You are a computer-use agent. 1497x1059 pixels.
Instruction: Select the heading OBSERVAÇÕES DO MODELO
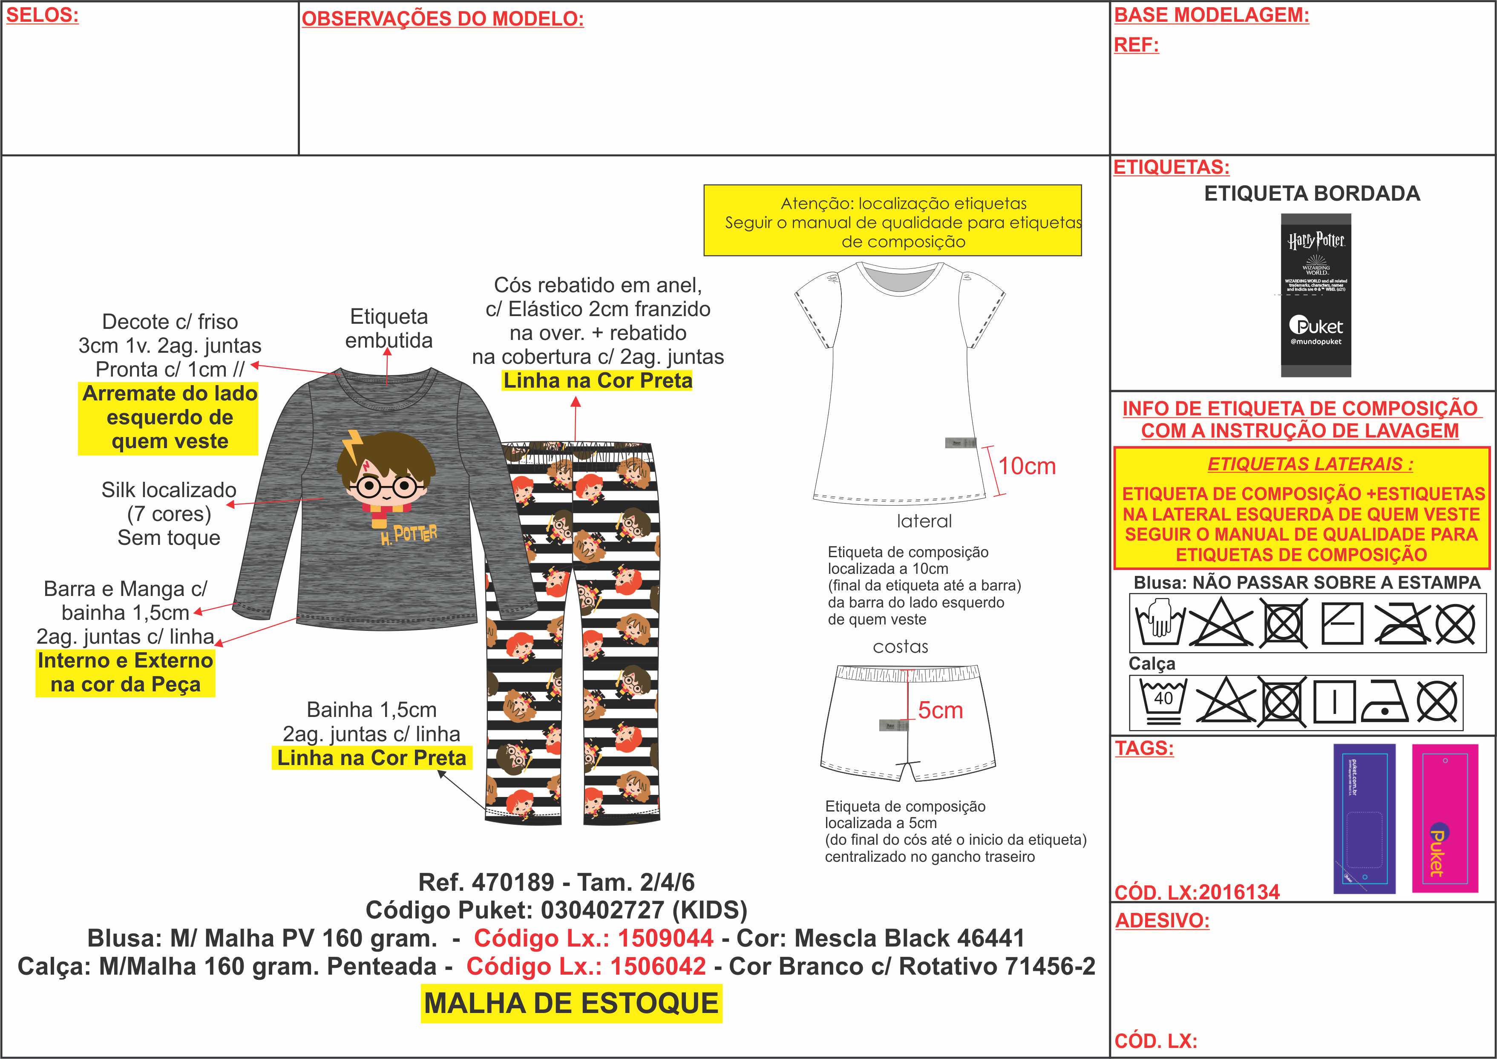tap(442, 19)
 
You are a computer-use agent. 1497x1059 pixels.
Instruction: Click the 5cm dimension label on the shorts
tap(940, 710)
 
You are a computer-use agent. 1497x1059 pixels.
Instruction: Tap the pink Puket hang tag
tap(1445, 818)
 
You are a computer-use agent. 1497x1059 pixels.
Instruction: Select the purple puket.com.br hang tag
tap(1364, 818)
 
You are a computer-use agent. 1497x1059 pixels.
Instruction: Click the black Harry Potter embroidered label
tap(1316, 295)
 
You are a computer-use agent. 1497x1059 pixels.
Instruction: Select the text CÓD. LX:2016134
tap(1197, 892)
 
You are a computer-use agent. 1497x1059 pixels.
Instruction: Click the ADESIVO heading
tap(1162, 921)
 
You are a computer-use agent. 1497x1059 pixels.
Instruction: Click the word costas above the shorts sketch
tap(901, 647)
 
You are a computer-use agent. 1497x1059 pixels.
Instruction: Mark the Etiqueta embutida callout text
tap(389, 328)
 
